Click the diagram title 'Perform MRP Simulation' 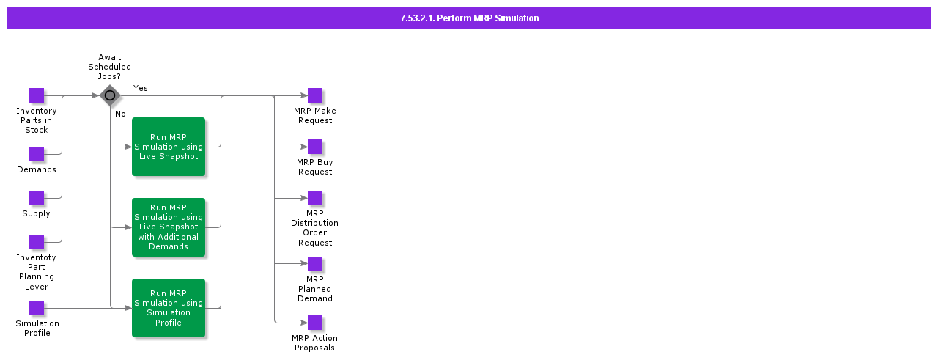(x=488, y=18)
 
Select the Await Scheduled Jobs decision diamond (x=110, y=95)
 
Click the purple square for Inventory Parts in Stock (x=37, y=95)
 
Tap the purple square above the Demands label (x=37, y=154)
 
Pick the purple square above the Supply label (x=37, y=198)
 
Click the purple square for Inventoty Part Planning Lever (x=37, y=242)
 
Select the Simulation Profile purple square (x=37, y=308)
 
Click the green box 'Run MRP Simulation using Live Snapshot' (x=169, y=147)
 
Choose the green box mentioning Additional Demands (x=169, y=227)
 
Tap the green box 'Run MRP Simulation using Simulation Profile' (x=169, y=308)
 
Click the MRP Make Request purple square (x=315, y=95)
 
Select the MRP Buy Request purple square (x=315, y=147)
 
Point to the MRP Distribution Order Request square (x=315, y=198)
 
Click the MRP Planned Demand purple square (x=315, y=264)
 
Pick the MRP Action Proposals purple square (x=315, y=323)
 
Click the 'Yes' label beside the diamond (x=140, y=88)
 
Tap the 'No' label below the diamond (x=120, y=114)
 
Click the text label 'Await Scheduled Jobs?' (x=109, y=67)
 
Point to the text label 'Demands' (x=37, y=169)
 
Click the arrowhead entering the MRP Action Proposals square (x=304, y=323)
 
